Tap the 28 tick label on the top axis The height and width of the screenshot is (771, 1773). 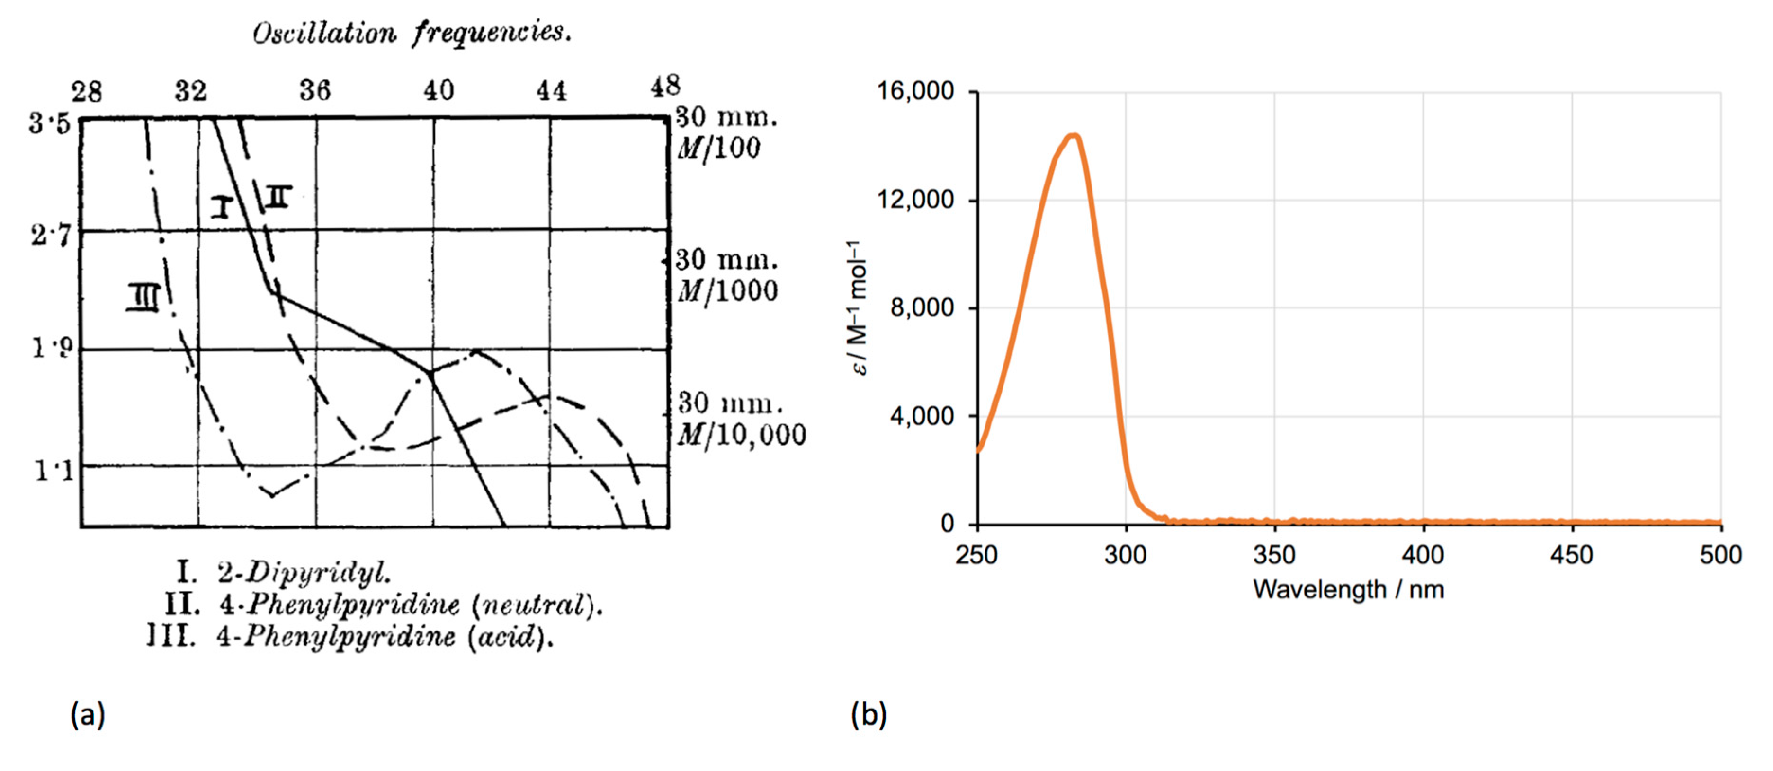click(x=87, y=91)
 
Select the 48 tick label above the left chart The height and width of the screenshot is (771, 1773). click(x=665, y=87)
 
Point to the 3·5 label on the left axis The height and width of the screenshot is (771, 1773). click(x=50, y=124)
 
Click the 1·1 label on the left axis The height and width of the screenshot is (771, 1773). click(x=54, y=471)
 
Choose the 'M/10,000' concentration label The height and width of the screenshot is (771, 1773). click(x=741, y=435)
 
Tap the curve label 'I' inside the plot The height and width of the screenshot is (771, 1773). click(x=222, y=206)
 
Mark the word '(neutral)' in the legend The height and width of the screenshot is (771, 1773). click(x=537, y=605)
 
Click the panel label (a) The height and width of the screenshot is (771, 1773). click(x=88, y=715)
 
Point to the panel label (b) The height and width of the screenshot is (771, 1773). click(x=869, y=715)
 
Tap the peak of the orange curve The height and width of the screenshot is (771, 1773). click(x=1073, y=135)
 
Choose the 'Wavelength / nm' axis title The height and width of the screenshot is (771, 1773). click(x=1348, y=589)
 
